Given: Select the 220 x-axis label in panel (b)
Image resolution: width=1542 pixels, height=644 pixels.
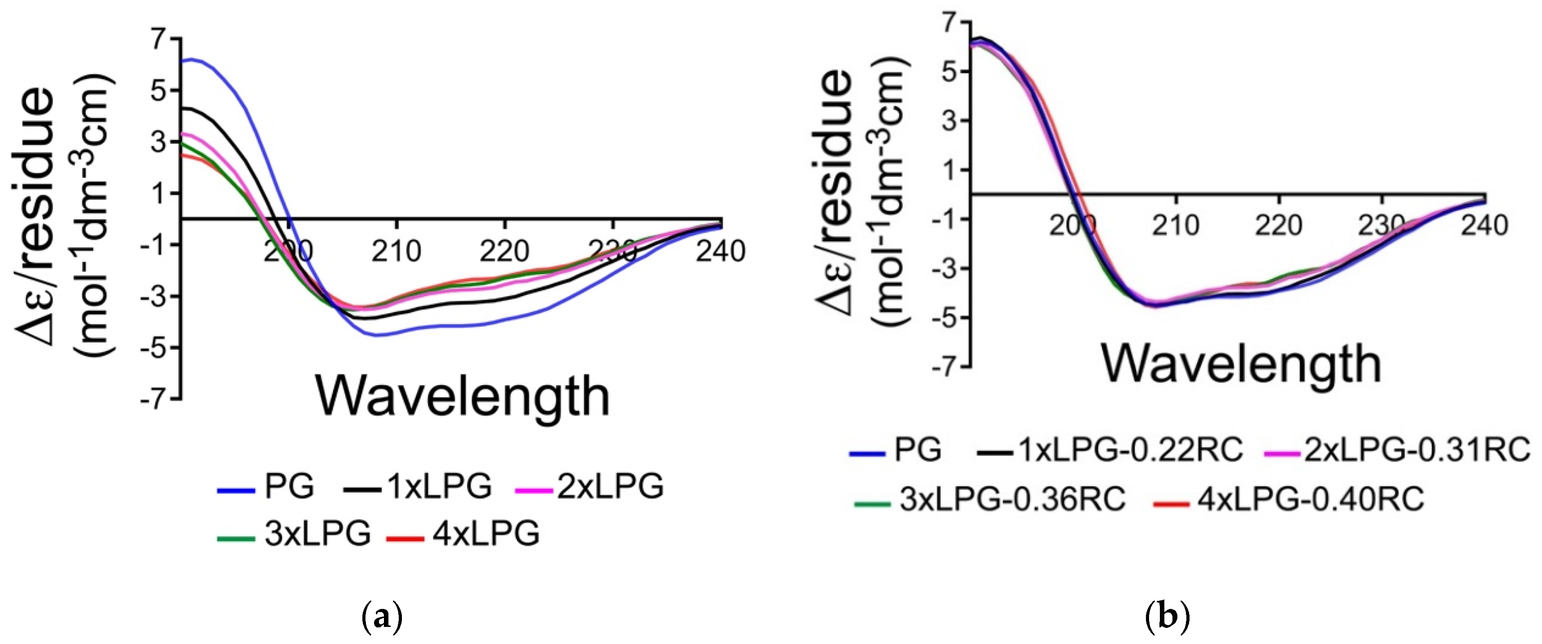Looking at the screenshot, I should pos(1280,226).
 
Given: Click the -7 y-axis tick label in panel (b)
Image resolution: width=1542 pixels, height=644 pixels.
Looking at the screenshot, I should pos(945,366).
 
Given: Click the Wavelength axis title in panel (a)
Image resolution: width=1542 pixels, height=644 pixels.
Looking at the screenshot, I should pos(462,396).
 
